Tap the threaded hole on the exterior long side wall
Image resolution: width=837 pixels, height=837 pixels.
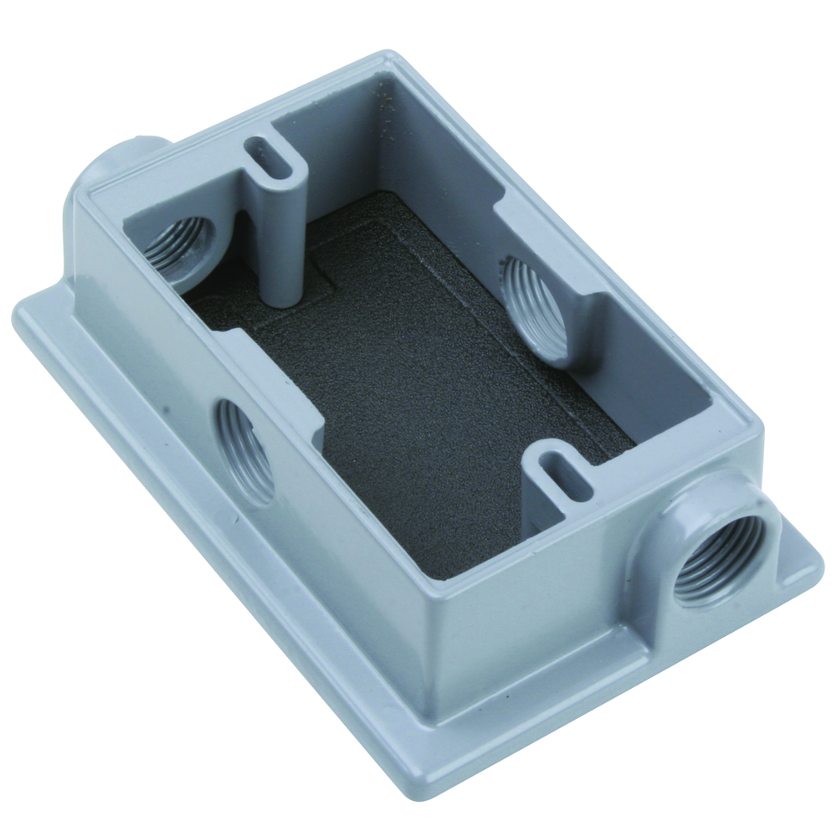click(x=245, y=450)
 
